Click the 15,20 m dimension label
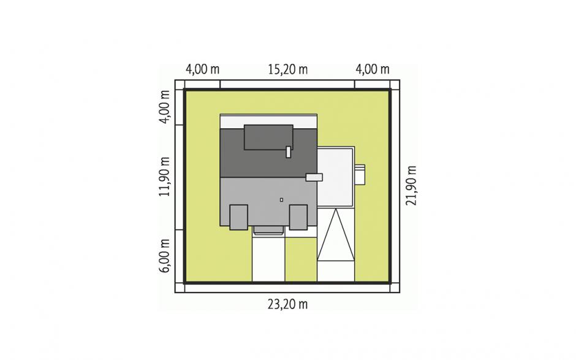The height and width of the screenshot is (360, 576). (x=287, y=69)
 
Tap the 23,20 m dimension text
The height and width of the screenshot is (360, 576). (x=287, y=304)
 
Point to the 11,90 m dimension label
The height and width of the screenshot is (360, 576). (x=164, y=177)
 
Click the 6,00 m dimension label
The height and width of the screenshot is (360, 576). (x=164, y=256)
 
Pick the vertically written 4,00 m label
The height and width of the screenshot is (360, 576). (x=164, y=107)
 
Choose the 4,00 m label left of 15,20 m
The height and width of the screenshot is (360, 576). (x=202, y=69)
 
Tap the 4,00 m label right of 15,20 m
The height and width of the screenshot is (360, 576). (x=373, y=69)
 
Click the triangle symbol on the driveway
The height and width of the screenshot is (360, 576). (x=336, y=236)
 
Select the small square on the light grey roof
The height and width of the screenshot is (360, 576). (x=281, y=200)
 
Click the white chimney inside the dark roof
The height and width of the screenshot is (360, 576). (x=289, y=152)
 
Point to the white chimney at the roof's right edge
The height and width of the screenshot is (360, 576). (x=314, y=177)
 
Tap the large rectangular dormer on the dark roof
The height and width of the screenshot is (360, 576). (x=268, y=137)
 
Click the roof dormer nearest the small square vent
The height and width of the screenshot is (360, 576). (x=298, y=217)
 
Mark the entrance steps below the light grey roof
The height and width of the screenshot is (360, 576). (x=268, y=230)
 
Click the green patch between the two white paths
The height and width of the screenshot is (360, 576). (x=301, y=259)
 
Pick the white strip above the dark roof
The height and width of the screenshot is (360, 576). (x=268, y=121)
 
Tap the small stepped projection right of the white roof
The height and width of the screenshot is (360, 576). (x=360, y=174)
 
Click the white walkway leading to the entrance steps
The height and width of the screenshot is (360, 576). (x=268, y=258)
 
